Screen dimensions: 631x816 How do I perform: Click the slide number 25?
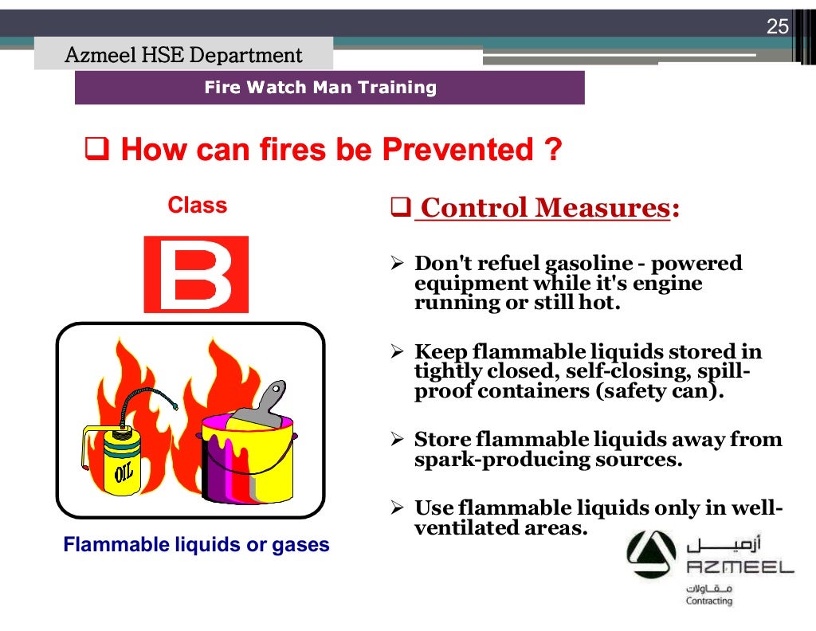[x=777, y=27]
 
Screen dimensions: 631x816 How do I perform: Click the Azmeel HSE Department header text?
[x=183, y=56]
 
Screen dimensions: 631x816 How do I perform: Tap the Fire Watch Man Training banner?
[x=320, y=88]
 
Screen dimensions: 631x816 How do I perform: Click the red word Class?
[x=197, y=206]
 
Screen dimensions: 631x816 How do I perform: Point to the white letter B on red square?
[x=196, y=274]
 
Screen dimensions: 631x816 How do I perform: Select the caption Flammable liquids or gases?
[x=196, y=546]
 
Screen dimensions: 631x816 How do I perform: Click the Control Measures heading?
[x=544, y=208]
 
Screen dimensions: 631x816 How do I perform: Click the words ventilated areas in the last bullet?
[x=500, y=527]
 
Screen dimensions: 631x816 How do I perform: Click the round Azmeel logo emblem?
[x=650, y=556]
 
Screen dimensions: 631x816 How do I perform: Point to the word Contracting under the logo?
[x=708, y=601]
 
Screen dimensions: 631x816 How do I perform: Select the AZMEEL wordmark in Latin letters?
[x=740, y=567]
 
